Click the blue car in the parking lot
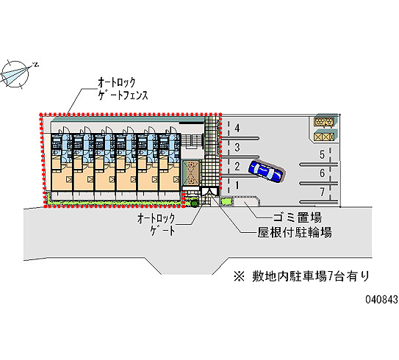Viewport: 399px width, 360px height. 267,171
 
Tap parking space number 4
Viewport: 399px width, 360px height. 237,128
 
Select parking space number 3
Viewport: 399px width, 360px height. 237,148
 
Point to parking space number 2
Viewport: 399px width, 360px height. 237,166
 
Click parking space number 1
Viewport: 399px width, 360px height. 237,185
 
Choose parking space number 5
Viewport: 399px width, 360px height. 322,154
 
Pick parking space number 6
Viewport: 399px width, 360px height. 322,173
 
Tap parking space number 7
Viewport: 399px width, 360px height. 322,192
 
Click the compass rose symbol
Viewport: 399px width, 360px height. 15,74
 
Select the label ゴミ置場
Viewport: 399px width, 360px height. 297,217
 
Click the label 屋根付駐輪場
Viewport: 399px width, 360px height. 295,232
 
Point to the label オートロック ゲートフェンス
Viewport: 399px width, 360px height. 123,89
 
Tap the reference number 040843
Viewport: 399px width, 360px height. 381,300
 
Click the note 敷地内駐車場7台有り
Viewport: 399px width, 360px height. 311,276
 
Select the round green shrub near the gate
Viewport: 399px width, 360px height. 194,203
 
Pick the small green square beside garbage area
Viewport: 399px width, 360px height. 226,201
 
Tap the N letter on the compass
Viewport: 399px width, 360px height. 37,65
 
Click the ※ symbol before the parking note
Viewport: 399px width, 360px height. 239,276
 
